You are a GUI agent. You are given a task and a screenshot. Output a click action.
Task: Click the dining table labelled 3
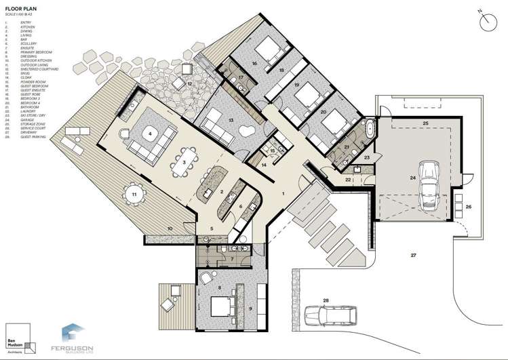184,163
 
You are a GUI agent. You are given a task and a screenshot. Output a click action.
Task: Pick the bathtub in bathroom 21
369,129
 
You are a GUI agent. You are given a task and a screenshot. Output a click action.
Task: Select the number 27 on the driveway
412,255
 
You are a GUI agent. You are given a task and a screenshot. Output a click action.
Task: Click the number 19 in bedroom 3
297,85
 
